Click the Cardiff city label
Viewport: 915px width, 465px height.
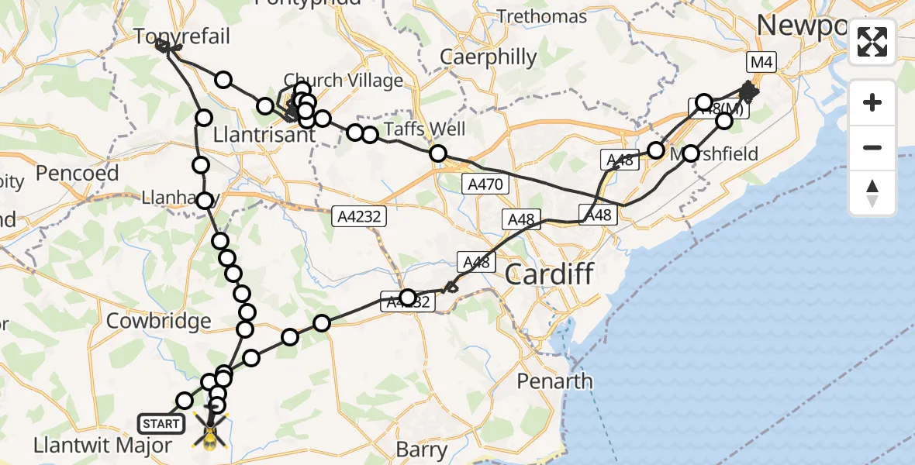point(549,274)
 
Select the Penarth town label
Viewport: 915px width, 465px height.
point(555,381)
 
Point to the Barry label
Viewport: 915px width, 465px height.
point(421,449)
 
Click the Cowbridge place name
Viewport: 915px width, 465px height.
point(158,321)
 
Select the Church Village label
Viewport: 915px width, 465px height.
point(344,80)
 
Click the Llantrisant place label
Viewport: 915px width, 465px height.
point(268,135)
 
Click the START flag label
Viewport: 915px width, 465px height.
point(161,423)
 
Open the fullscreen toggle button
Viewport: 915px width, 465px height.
point(872,42)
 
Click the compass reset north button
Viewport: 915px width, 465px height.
point(872,193)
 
